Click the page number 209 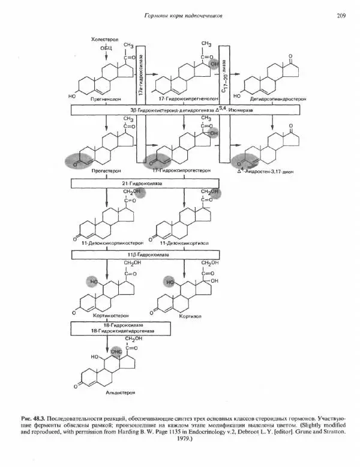click(341, 16)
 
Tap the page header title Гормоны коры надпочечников click(181, 16)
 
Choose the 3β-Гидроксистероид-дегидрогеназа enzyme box click(180, 111)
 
